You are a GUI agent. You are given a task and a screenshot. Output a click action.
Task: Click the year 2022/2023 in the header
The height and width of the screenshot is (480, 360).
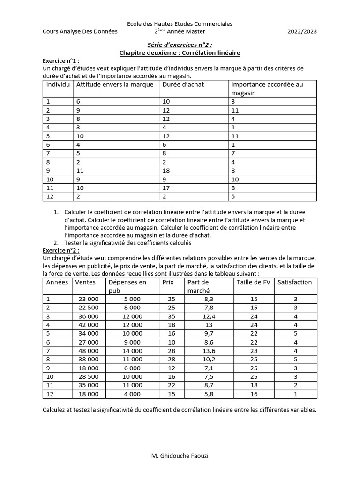[302, 32]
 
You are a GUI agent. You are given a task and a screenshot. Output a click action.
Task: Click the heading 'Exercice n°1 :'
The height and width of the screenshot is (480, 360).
[61, 61]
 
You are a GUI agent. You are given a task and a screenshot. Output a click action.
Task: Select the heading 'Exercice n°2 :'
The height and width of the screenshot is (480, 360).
[61, 250]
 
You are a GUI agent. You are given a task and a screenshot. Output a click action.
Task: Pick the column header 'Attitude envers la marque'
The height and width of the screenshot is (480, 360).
[115, 85]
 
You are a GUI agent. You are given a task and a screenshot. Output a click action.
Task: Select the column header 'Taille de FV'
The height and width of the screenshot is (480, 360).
[254, 282]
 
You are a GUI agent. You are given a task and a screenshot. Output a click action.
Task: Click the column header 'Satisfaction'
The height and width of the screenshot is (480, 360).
[294, 282]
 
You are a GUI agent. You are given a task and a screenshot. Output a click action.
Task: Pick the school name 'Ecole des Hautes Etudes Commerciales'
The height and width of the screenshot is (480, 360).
[180, 23]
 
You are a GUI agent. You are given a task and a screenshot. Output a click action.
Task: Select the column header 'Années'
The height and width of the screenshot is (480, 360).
[57, 282]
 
